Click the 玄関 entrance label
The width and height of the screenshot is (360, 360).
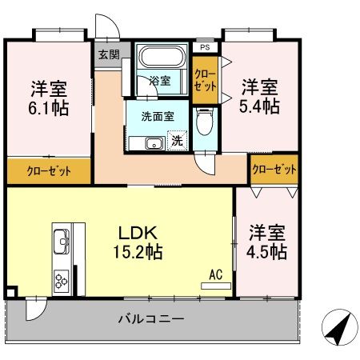tap(108, 55)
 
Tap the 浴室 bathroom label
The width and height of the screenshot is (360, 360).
tap(160, 81)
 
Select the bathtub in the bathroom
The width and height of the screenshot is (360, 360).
tap(162, 58)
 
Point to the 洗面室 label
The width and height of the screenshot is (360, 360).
tap(158, 115)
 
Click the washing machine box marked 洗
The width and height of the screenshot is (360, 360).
tap(178, 141)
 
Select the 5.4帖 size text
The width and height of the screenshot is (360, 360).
tap(261, 106)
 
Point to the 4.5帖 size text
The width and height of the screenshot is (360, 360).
tap(267, 251)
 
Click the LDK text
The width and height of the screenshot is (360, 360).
tap(141, 233)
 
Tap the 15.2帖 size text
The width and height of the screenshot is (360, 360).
tap(141, 252)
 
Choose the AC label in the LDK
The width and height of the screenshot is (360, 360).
tap(214, 274)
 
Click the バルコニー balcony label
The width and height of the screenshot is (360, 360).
tap(151, 318)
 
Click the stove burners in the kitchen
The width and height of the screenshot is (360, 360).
tap(62, 279)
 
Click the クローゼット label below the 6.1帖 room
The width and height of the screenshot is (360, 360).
tap(49, 171)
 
